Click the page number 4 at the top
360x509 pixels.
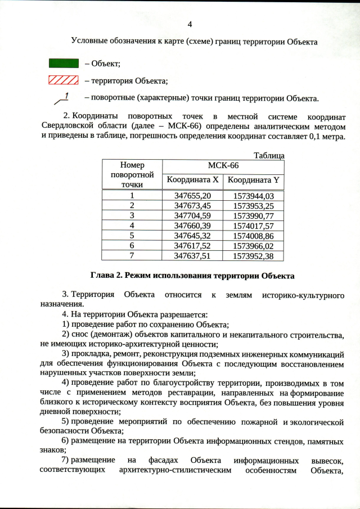[x=190, y=24]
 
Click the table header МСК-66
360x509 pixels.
[x=223, y=166]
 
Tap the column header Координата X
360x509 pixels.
[x=192, y=180]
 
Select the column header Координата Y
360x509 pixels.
[x=253, y=180]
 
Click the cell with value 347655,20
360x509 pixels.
[x=192, y=196]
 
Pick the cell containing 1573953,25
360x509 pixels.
[x=253, y=206]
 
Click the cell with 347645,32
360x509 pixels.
[x=192, y=235]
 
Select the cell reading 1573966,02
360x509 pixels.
[x=253, y=245]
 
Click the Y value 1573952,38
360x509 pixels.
[x=253, y=255]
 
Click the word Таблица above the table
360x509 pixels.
[x=269, y=155]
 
